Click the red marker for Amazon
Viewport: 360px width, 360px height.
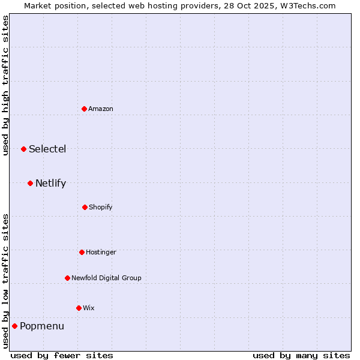pyautogui.click(x=85, y=109)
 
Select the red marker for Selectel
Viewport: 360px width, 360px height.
pyautogui.click(x=23, y=149)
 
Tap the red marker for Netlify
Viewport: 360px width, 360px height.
pyautogui.click(x=30, y=183)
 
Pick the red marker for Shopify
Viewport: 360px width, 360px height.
pyautogui.click(x=85, y=207)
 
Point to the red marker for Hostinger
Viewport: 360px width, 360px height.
pyautogui.click(x=82, y=252)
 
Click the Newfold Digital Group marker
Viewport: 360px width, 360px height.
pyautogui.click(x=67, y=278)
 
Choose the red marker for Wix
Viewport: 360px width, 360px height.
pyautogui.click(x=79, y=308)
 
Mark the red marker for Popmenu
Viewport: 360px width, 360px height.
pyautogui.click(x=14, y=326)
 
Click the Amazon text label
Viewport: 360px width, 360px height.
pyautogui.click(x=101, y=109)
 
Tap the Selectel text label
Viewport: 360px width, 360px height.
pyautogui.click(x=47, y=149)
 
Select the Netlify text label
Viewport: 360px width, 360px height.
pyautogui.click(x=50, y=183)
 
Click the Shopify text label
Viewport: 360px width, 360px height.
pyautogui.click(x=101, y=207)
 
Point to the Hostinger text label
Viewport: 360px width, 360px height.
pyautogui.click(x=101, y=252)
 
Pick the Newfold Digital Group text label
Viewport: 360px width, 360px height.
pyautogui.click(x=106, y=278)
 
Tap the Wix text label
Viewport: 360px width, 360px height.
pyautogui.click(x=89, y=308)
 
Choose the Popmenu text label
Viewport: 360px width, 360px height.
pyautogui.click(x=42, y=326)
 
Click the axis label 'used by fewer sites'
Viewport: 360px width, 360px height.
pyautogui.click(x=62, y=355)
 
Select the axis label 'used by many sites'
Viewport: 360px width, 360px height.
pyautogui.click(x=301, y=355)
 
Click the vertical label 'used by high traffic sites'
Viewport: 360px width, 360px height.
pyautogui.click(x=5, y=85)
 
